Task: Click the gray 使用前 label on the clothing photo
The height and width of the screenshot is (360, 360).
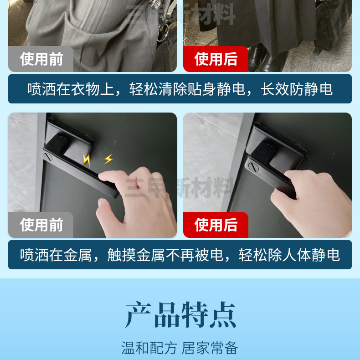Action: (x=41, y=59)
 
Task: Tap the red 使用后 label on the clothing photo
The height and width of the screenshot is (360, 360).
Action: (x=216, y=59)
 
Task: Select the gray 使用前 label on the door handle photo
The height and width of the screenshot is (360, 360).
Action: (x=41, y=225)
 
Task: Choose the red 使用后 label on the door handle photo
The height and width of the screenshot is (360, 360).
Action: (x=216, y=225)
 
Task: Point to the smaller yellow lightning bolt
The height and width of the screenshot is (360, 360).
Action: (x=108, y=159)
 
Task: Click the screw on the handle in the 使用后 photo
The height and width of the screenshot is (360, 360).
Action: (x=253, y=167)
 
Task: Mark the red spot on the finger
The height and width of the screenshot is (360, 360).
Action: (x=137, y=187)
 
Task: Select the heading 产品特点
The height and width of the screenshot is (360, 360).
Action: (x=180, y=315)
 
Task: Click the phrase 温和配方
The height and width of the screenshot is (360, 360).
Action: (x=149, y=348)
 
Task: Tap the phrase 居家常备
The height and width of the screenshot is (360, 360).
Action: (x=210, y=348)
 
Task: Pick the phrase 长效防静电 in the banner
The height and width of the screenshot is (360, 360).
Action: (x=297, y=89)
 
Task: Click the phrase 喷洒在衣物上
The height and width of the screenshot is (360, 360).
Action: (x=71, y=89)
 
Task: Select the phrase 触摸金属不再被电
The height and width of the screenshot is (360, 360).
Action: (x=165, y=255)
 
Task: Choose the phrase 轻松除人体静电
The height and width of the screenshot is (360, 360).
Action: (x=289, y=255)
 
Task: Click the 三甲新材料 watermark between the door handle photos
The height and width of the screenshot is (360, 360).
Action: (x=179, y=187)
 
